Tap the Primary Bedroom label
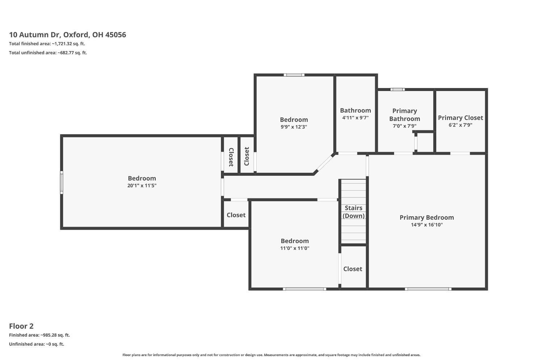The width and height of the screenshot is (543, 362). tap(427, 218)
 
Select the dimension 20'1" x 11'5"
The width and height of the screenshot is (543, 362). tap(142, 186)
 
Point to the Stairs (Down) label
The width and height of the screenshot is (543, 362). tap(353, 212)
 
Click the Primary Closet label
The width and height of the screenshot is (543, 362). tap(460, 118)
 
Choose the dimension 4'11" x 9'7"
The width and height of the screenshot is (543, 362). tap(355, 118)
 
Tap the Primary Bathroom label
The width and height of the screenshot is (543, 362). tap(405, 115)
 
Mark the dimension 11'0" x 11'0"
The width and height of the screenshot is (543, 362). tap(295, 248)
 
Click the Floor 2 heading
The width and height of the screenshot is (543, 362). tap(21, 326)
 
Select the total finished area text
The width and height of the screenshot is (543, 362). tap(47, 44)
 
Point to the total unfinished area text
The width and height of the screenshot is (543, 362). tap(48, 53)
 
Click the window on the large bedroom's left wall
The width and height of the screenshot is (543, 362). tap(62, 183)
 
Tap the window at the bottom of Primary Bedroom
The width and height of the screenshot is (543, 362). tap(428, 289)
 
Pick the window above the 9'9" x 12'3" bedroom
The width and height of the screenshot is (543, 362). tap(294, 75)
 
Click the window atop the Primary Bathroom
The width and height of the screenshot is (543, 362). tap(397, 90)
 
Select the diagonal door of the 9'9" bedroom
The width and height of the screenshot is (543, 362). tap(324, 164)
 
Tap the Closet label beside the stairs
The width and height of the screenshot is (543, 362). tap(353, 269)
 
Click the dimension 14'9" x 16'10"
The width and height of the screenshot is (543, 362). tap(427, 225)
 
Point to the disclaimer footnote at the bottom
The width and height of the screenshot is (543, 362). tap(271, 355)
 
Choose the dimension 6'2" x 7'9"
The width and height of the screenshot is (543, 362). tap(460, 125)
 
